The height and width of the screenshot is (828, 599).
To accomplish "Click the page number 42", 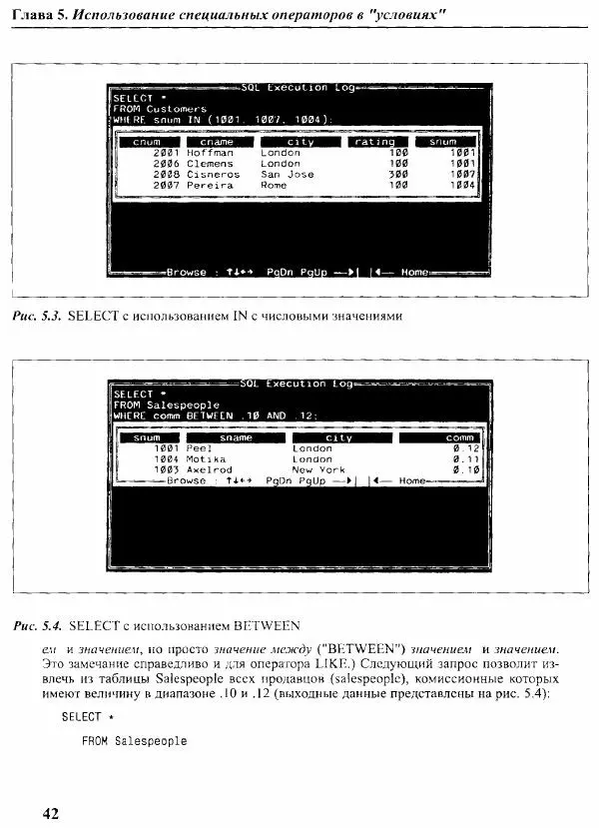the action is (50, 812).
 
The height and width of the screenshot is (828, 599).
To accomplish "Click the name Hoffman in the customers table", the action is (210, 153).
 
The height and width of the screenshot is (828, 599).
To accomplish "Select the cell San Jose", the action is (287, 175).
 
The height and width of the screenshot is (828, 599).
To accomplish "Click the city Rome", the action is (274, 186).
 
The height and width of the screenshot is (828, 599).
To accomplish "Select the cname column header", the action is (217, 142).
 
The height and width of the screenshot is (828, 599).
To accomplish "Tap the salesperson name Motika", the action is (206, 458).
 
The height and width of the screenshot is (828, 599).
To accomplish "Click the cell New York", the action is (318, 469).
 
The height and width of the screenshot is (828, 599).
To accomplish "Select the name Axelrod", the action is (209, 469).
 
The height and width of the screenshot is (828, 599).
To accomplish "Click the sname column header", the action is (236, 437).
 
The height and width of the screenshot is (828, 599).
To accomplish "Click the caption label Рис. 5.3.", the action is (38, 317).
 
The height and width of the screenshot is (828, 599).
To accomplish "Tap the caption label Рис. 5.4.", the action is (38, 627).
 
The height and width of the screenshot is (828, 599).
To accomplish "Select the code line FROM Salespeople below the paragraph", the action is (134, 742).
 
